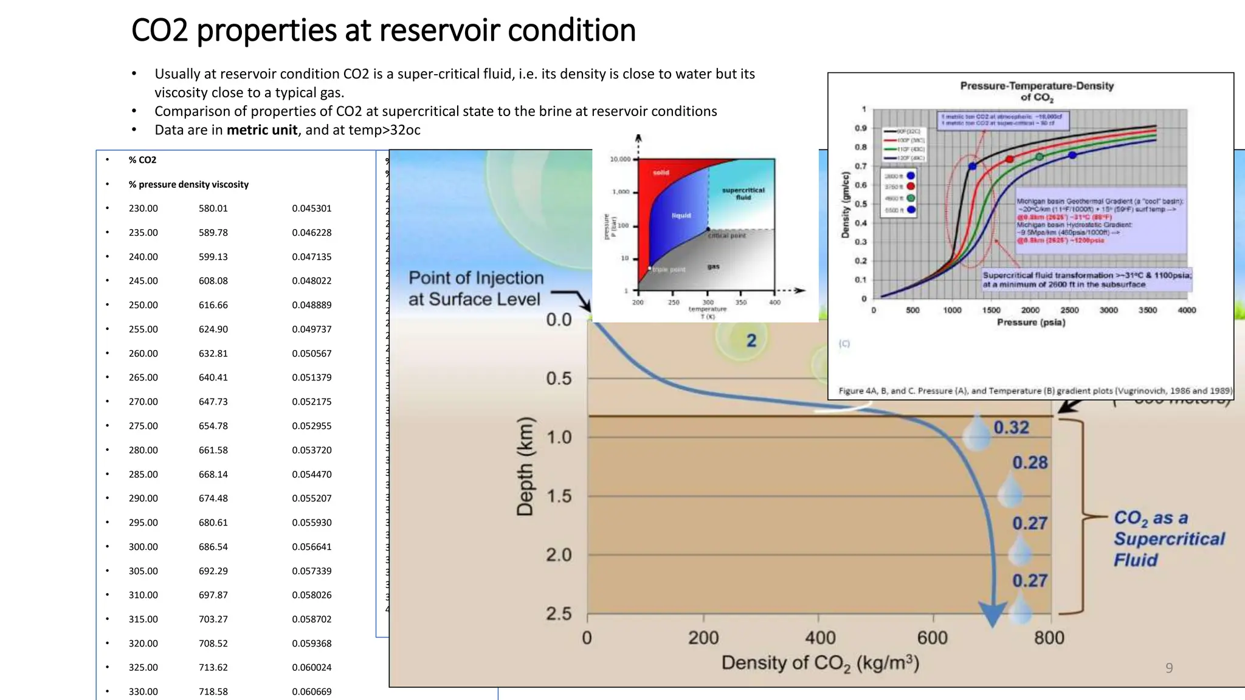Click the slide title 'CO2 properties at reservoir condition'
point(383,30)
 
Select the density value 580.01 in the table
point(213,208)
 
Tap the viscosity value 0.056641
point(311,547)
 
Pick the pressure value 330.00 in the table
point(143,691)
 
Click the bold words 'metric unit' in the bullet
point(262,130)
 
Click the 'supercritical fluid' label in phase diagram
point(743,193)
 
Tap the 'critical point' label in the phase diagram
point(726,236)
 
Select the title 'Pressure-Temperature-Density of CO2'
point(1036,91)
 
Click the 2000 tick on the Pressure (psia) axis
point(1030,311)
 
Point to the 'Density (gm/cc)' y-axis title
point(845,205)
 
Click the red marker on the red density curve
point(1010,159)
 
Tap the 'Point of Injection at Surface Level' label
point(475,289)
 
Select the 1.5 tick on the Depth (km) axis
point(559,496)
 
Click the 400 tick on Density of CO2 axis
point(820,638)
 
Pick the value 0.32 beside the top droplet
point(1011,428)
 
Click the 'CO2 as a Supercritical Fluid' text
point(1168,539)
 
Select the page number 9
point(1168,668)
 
